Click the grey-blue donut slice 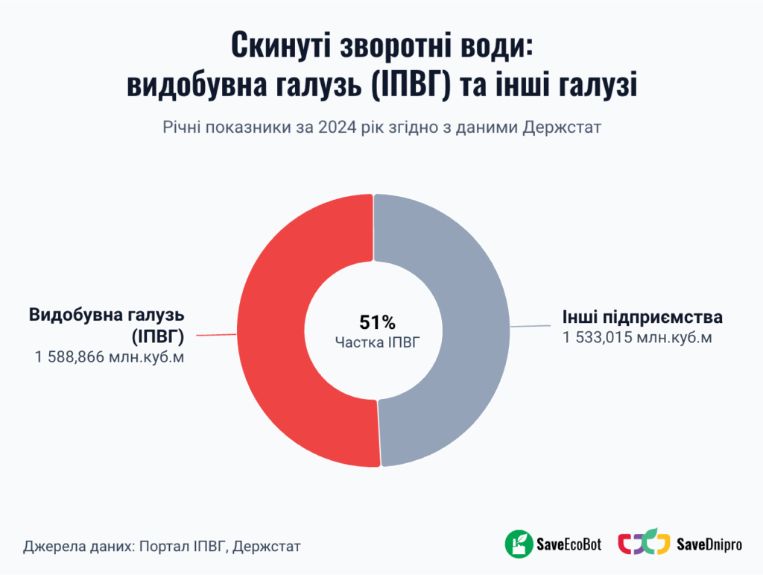click(x=477, y=328)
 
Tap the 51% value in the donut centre click(x=377, y=323)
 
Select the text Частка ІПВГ click(x=377, y=342)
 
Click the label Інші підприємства click(x=642, y=317)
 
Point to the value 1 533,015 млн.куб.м click(x=637, y=338)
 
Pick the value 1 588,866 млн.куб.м click(x=109, y=357)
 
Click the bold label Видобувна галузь click(x=107, y=315)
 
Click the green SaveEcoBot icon click(x=518, y=544)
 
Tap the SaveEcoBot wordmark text click(x=569, y=544)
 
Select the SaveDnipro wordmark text click(x=709, y=544)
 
